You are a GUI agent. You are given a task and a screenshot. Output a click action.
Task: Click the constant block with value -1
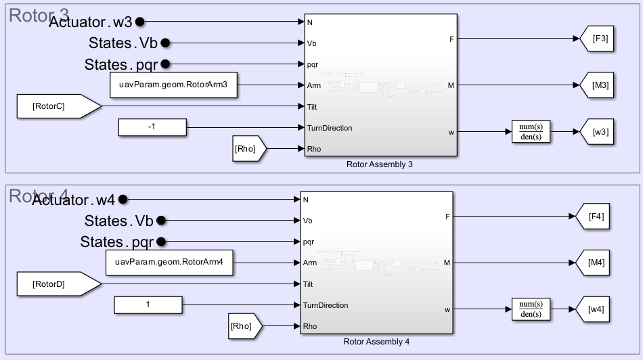pyautogui.click(x=152, y=127)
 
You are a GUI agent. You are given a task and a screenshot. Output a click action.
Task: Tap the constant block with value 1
pyautogui.click(x=148, y=305)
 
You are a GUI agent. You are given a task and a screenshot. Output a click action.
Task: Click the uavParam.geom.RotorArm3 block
pyautogui.click(x=173, y=85)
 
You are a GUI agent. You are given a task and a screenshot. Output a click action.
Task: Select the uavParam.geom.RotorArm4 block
pyautogui.click(x=169, y=263)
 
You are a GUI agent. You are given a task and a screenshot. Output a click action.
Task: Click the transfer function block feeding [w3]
pyautogui.click(x=531, y=132)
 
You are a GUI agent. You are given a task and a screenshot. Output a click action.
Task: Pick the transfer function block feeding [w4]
pyautogui.click(x=531, y=309)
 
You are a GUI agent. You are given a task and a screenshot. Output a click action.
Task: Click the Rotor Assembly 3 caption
pyautogui.click(x=379, y=164)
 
